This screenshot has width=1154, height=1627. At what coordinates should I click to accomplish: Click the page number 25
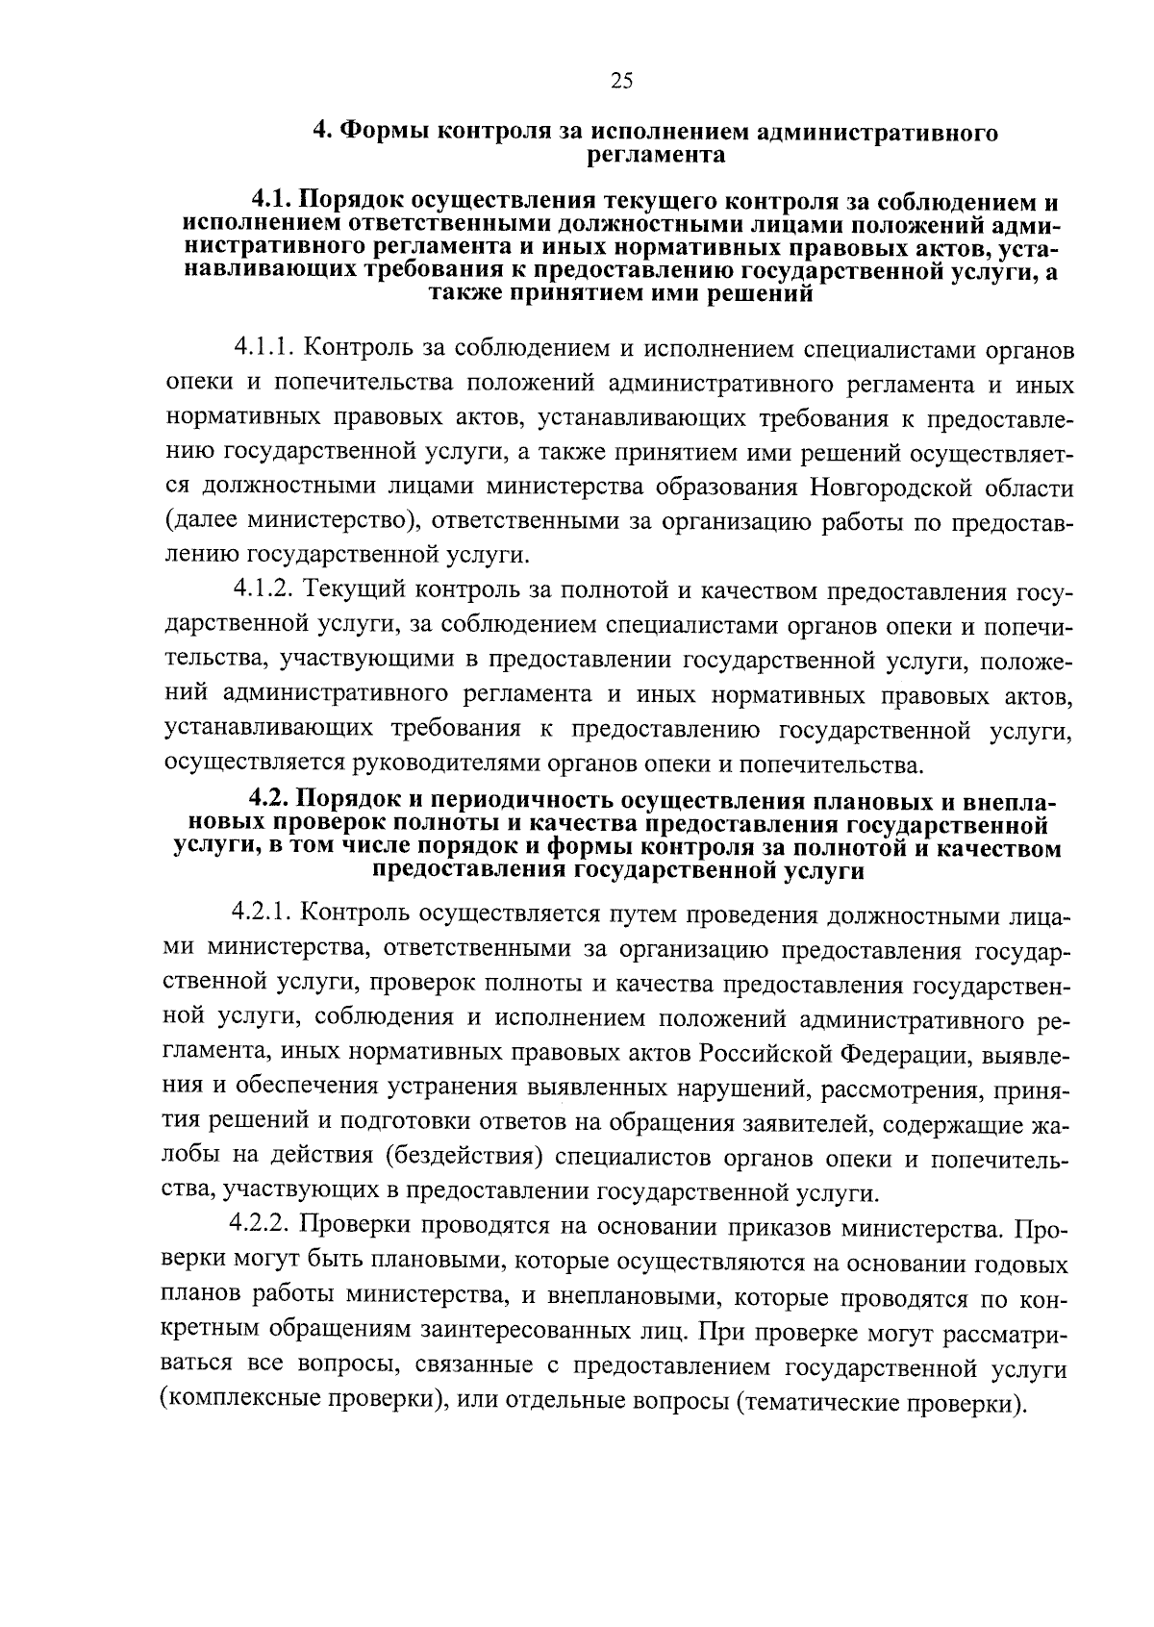[x=621, y=82]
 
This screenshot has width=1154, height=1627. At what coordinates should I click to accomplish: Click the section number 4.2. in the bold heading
[x=269, y=800]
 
